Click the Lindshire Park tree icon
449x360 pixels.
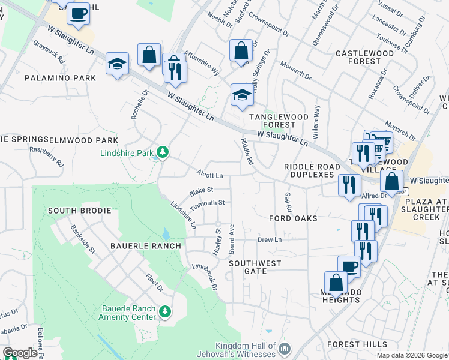click(x=162, y=154)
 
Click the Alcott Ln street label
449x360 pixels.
click(x=210, y=175)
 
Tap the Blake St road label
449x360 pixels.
click(x=201, y=191)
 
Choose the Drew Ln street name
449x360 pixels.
click(x=270, y=240)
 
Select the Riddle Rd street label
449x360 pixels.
click(x=247, y=151)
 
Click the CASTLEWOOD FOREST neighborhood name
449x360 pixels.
click(x=364, y=57)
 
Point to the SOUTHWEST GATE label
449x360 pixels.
click(x=255, y=267)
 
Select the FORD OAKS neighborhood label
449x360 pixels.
click(x=293, y=218)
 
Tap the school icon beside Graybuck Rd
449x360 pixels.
click(x=117, y=64)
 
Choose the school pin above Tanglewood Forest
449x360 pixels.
click(x=242, y=95)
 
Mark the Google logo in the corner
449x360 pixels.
click(x=20, y=353)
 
